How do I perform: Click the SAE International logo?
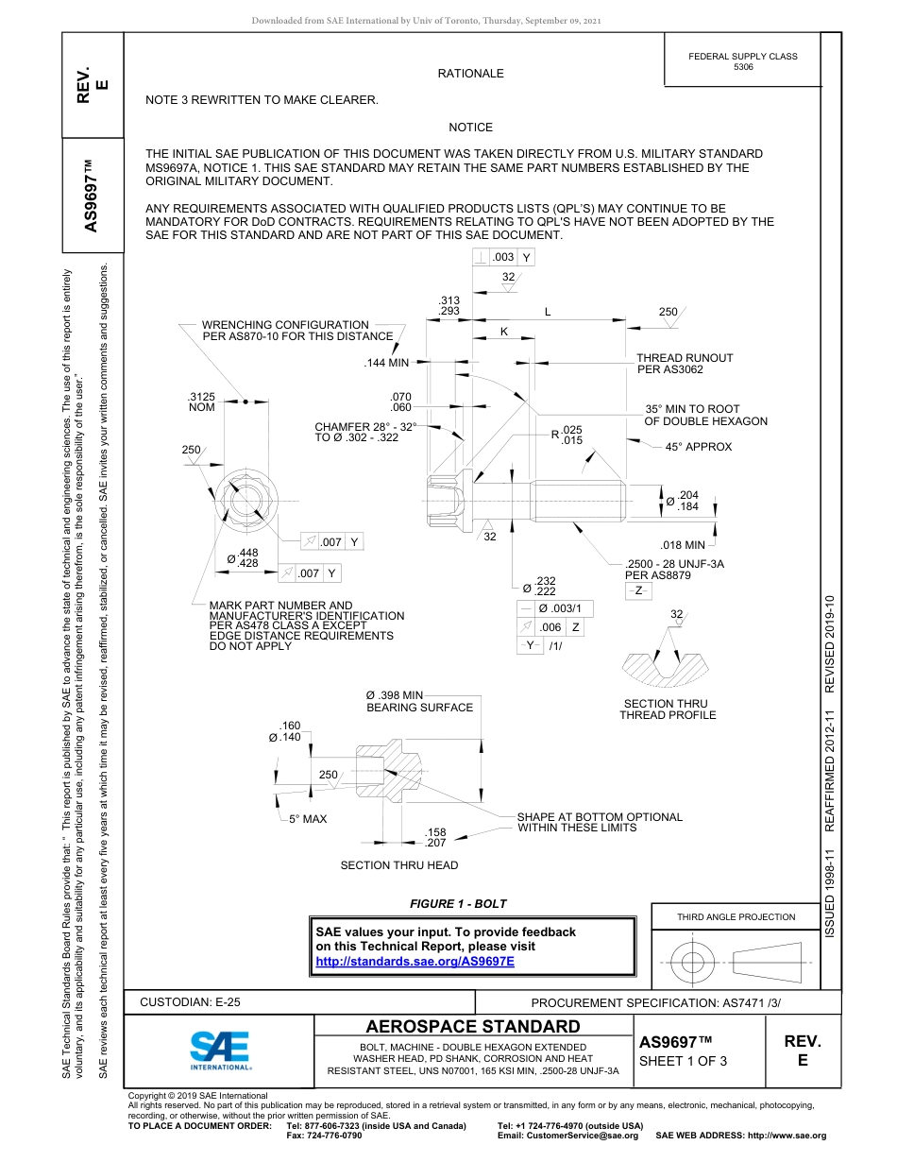[220, 1048]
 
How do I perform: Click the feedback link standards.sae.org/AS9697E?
[415, 961]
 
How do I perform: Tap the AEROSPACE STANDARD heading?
[473, 1026]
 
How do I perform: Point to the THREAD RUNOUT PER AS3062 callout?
[685, 364]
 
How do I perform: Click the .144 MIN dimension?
[386, 363]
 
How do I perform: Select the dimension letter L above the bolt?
[548, 312]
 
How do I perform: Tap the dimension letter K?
[503, 332]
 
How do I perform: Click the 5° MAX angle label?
[308, 819]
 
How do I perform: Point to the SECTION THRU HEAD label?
[398, 865]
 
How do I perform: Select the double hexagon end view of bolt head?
[233, 498]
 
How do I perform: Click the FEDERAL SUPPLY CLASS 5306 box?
[742, 61]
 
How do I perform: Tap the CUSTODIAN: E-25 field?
[190, 1002]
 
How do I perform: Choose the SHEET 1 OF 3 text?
[684, 1061]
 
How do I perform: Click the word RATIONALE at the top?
[470, 74]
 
